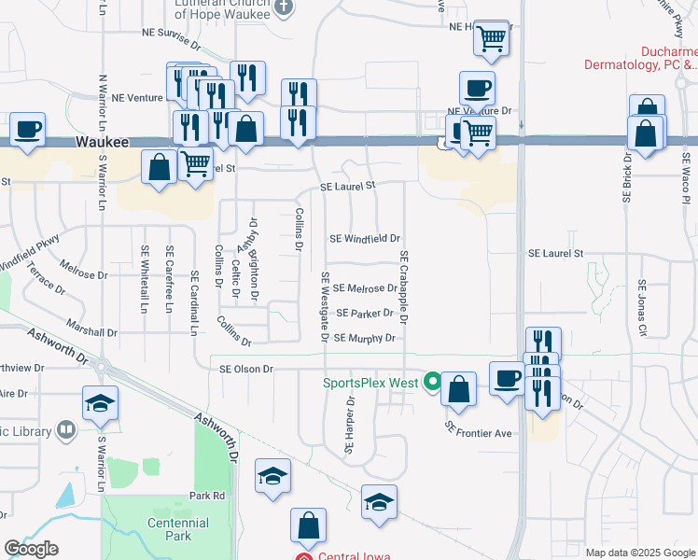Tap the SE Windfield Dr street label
click(364, 239)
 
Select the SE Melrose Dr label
click(364, 288)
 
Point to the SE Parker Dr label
click(365, 313)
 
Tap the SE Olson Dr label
click(245, 369)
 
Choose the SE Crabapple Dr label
click(404, 287)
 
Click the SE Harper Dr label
click(350, 427)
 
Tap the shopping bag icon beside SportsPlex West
click(458, 389)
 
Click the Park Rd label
click(207, 496)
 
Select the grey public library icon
click(66, 430)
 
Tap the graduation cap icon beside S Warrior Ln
click(100, 403)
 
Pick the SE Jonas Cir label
click(642, 307)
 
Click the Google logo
click(31, 549)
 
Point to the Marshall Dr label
click(91, 331)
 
